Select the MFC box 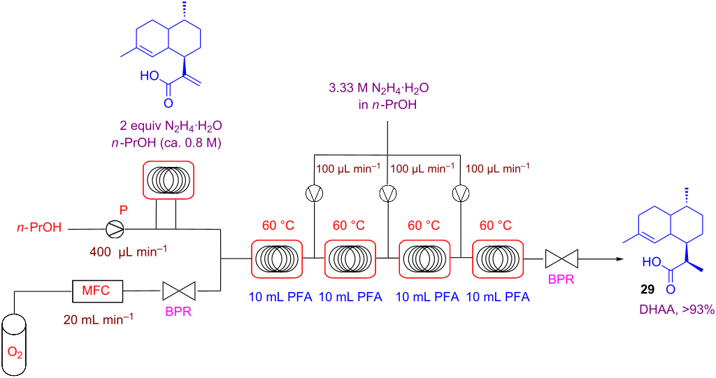pos(98,288)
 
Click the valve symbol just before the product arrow pos(562,259)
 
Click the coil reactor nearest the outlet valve pos(499,259)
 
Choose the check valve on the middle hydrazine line pos(387,192)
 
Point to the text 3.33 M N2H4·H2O pos(378,89)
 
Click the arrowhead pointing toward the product pos(620,259)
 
